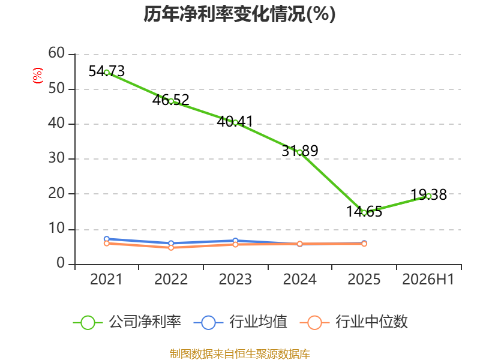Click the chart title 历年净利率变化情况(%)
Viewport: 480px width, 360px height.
(x=239, y=14)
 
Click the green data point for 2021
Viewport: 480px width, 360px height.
(x=107, y=73)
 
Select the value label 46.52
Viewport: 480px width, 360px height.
(x=171, y=100)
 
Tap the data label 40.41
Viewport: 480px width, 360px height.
(x=235, y=122)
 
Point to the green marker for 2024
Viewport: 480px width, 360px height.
(x=299, y=152)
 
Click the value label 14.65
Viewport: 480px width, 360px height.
(x=364, y=212)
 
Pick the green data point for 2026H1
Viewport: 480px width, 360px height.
(x=428, y=196)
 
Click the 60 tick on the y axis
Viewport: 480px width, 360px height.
(x=56, y=53)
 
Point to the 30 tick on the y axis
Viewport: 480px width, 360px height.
(x=56, y=158)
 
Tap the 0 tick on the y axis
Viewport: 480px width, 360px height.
(x=61, y=263)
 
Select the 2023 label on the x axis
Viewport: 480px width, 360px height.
(x=235, y=279)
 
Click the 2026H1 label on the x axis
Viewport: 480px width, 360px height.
(x=428, y=279)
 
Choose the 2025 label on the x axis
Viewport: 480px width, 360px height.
(x=364, y=279)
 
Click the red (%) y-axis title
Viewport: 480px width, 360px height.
(x=38, y=76)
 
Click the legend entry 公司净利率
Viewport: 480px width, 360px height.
(x=127, y=322)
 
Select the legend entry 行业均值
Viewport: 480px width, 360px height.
(x=241, y=322)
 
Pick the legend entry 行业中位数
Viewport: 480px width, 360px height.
(x=353, y=322)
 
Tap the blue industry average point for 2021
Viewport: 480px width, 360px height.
(x=107, y=239)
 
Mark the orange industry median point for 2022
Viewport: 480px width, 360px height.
(x=171, y=247)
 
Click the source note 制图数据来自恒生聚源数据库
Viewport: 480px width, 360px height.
(x=240, y=354)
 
